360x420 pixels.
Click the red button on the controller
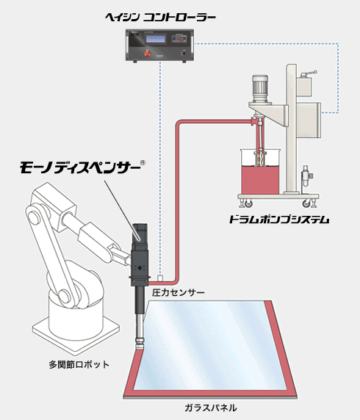pos(147,53)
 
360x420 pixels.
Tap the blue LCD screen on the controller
pos(156,39)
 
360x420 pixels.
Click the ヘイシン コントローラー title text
pos(160,18)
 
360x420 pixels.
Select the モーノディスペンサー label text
pos(80,167)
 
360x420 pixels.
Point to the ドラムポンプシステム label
pos(279,220)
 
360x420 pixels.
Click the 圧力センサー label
pos(179,292)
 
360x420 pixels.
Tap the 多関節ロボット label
pos(79,364)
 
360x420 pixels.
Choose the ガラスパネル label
pos(211,408)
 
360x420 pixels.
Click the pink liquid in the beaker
pos(260,179)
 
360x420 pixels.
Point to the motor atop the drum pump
pos(260,88)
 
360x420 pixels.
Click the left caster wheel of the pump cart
pos(248,204)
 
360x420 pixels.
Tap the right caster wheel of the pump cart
pos(306,204)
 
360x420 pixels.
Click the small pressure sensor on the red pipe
pos(161,278)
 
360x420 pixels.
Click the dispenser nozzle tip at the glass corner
pos(140,347)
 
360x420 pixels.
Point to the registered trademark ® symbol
pos(143,162)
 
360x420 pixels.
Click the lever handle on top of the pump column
pos(309,73)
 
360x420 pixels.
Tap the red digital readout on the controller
pos(180,39)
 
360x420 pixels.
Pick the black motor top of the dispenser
pos(140,233)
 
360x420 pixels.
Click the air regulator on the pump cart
pos(306,177)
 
